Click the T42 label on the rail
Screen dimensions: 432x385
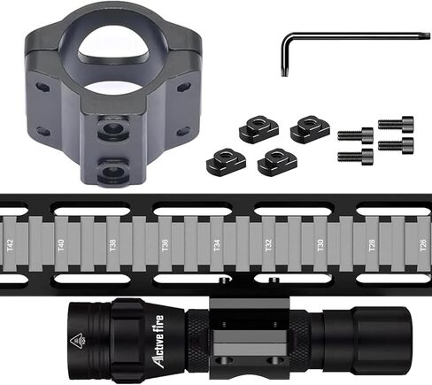click(x=11, y=245)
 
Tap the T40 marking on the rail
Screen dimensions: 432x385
click(x=61, y=245)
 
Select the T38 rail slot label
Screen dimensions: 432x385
click(x=112, y=245)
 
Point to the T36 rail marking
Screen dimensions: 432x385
click(x=165, y=245)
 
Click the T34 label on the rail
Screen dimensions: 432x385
click(x=217, y=245)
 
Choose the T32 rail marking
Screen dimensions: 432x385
click(x=268, y=245)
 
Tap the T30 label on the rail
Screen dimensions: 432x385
click(x=320, y=245)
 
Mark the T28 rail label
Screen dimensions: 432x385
click(x=372, y=245)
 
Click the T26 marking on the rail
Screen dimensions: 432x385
click(x=423, y=245)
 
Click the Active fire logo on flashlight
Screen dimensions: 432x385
click(x=159, y=342)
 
